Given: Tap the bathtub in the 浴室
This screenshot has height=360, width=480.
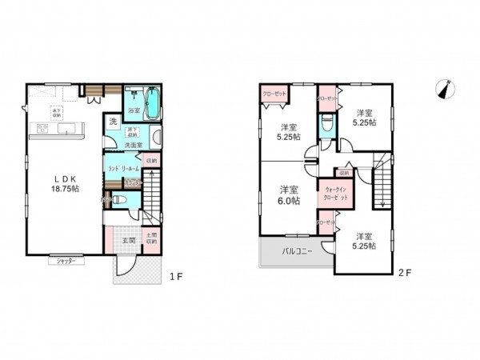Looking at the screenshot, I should coord(155,102).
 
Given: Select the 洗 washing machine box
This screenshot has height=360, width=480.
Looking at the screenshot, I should coord(113,122).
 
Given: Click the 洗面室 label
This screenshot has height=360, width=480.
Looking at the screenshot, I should coord(133,145).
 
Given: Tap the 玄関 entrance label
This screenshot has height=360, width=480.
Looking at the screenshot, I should coord(129,238).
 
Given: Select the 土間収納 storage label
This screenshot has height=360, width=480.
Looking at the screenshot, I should coord(152,238).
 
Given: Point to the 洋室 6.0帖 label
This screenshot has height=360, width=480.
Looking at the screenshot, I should coord(290,195).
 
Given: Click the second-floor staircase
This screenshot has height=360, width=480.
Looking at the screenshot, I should coord(385,182).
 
